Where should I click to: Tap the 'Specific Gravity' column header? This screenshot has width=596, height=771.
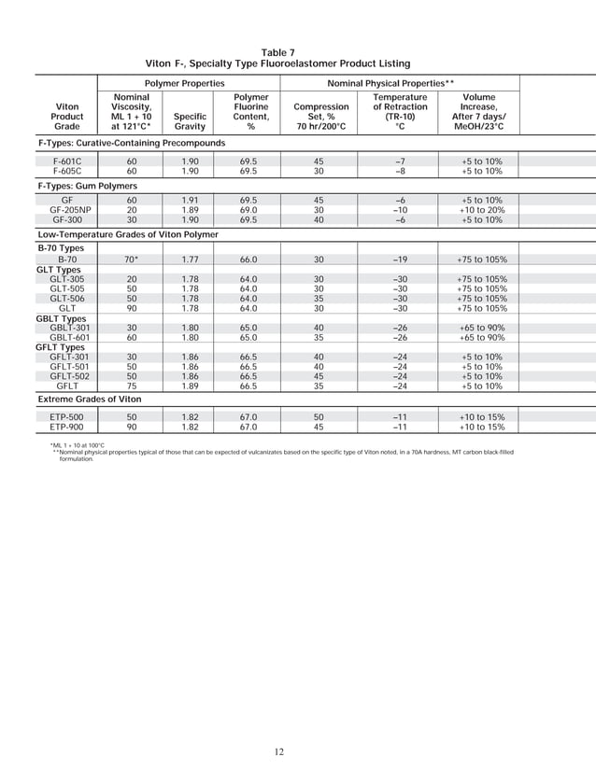pos(191,121)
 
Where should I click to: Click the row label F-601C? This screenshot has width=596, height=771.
pos(67,161)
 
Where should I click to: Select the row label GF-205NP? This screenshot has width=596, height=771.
pos(67,210)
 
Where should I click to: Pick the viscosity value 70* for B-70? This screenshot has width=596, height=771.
pos(132,259)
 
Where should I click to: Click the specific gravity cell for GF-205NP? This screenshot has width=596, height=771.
pos(190,210)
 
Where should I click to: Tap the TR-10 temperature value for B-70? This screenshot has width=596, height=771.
pos(399,259)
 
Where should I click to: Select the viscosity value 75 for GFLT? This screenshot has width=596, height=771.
pos(132,385)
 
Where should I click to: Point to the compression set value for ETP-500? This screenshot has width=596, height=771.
pos(319,417)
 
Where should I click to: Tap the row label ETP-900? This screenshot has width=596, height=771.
pos(67,427)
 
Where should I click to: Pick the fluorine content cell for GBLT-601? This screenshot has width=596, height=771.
pos(248,337)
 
